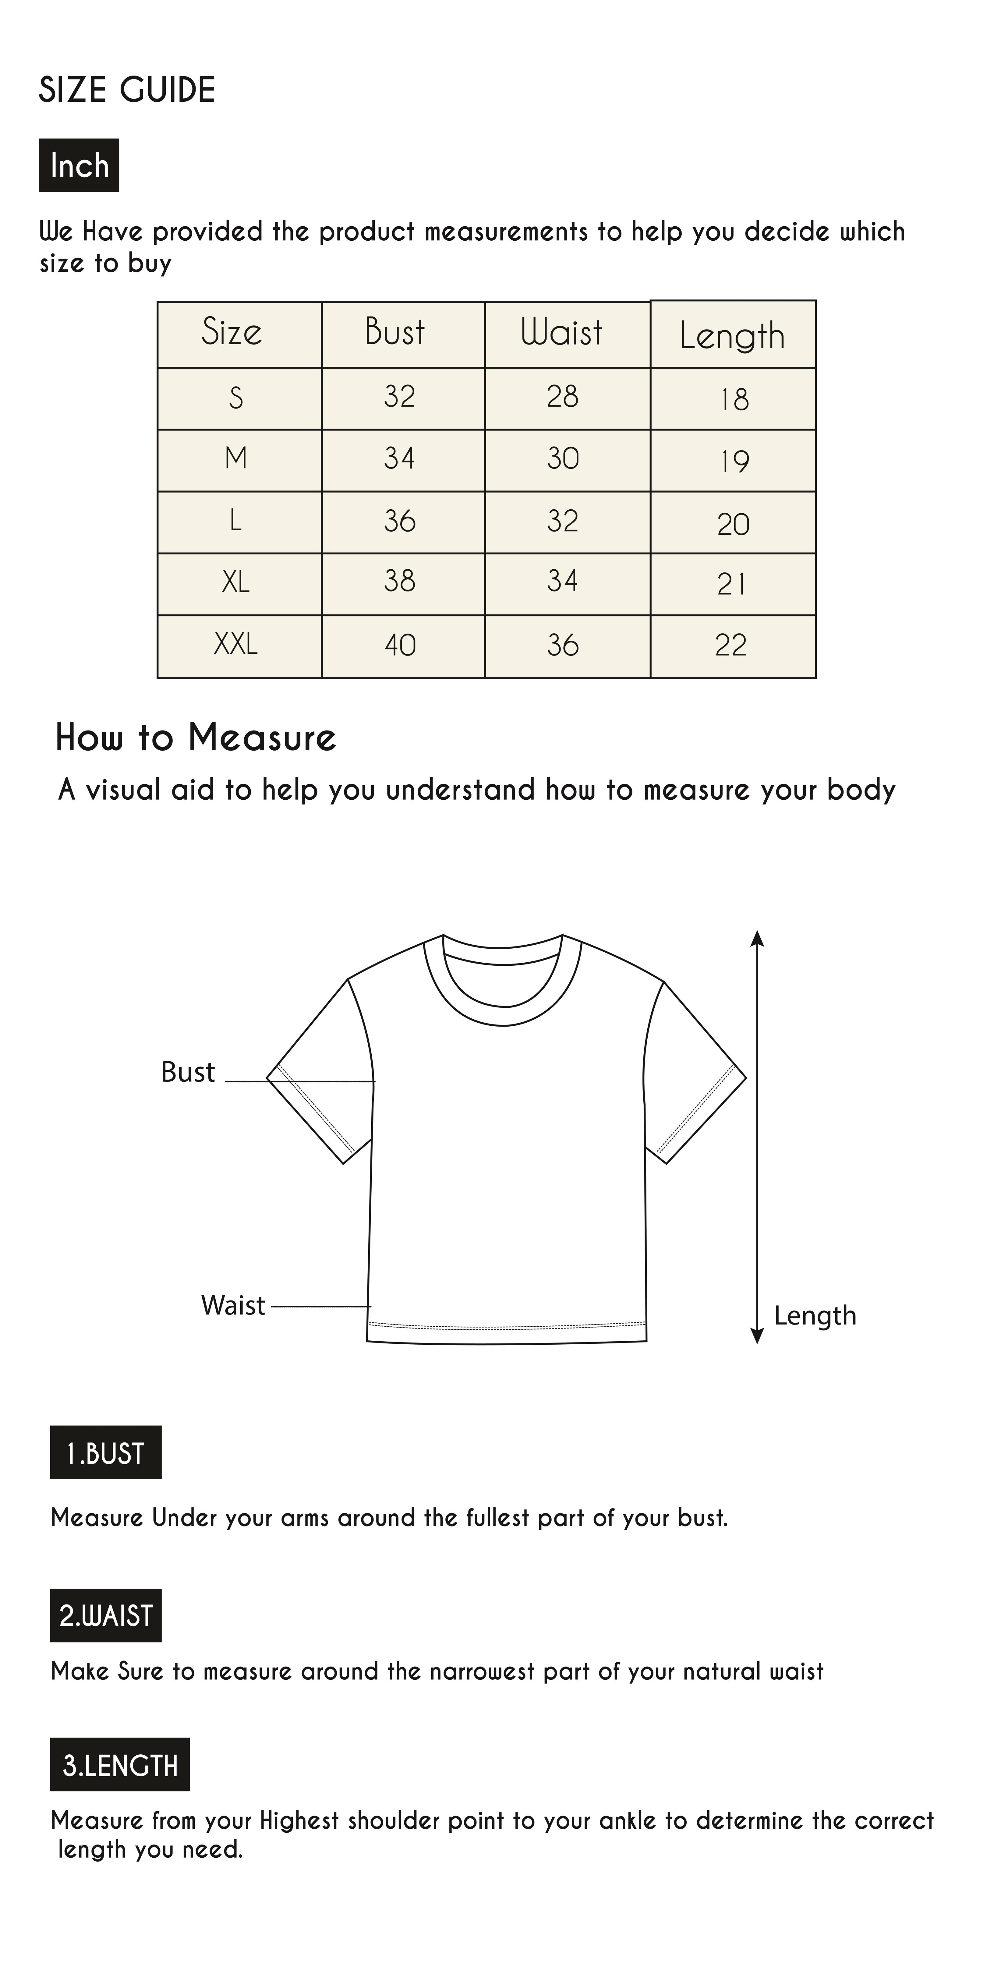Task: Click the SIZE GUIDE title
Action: pyautogui.click(x=127, y=90)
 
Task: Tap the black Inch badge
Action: pyautogui.click(x=79, y=165)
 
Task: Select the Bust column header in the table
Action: pyautogui.click(x=394, y=333)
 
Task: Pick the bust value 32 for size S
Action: pyautogui.click(x=399, y=397)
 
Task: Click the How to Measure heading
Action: pyautogui.click(x=196, y=738)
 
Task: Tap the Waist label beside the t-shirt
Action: pyautogui.click(x=233, y=1305)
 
